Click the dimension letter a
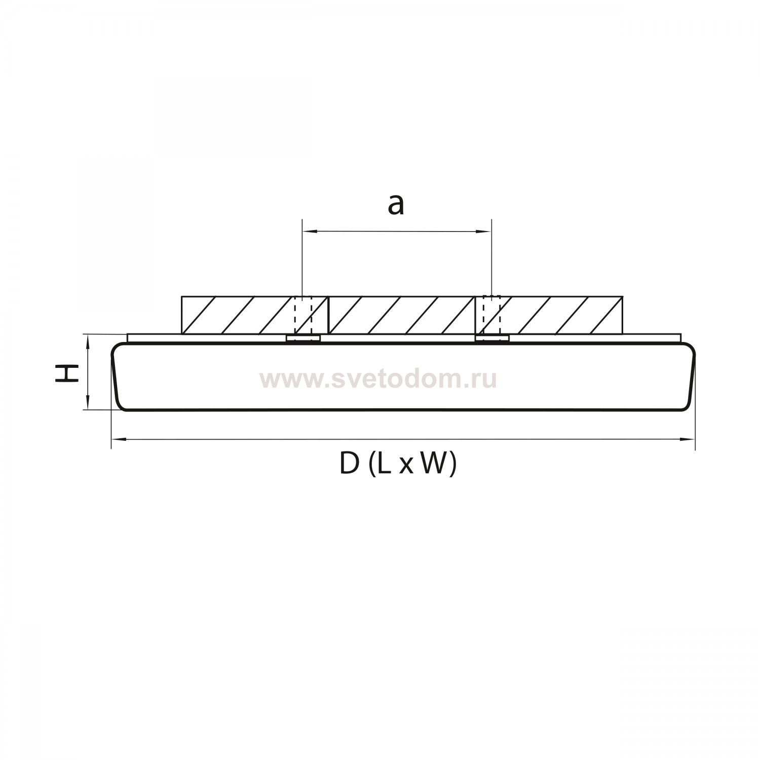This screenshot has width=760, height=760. (x=396, y=205)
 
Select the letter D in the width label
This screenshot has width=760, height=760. (x=349, y=463)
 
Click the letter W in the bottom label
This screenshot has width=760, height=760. (x=431, y=463)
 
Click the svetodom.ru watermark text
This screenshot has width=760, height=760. (x=378, y=379)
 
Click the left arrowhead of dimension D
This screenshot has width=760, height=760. (x=118, y=439)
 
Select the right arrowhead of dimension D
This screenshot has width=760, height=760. (x=688, y=439)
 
